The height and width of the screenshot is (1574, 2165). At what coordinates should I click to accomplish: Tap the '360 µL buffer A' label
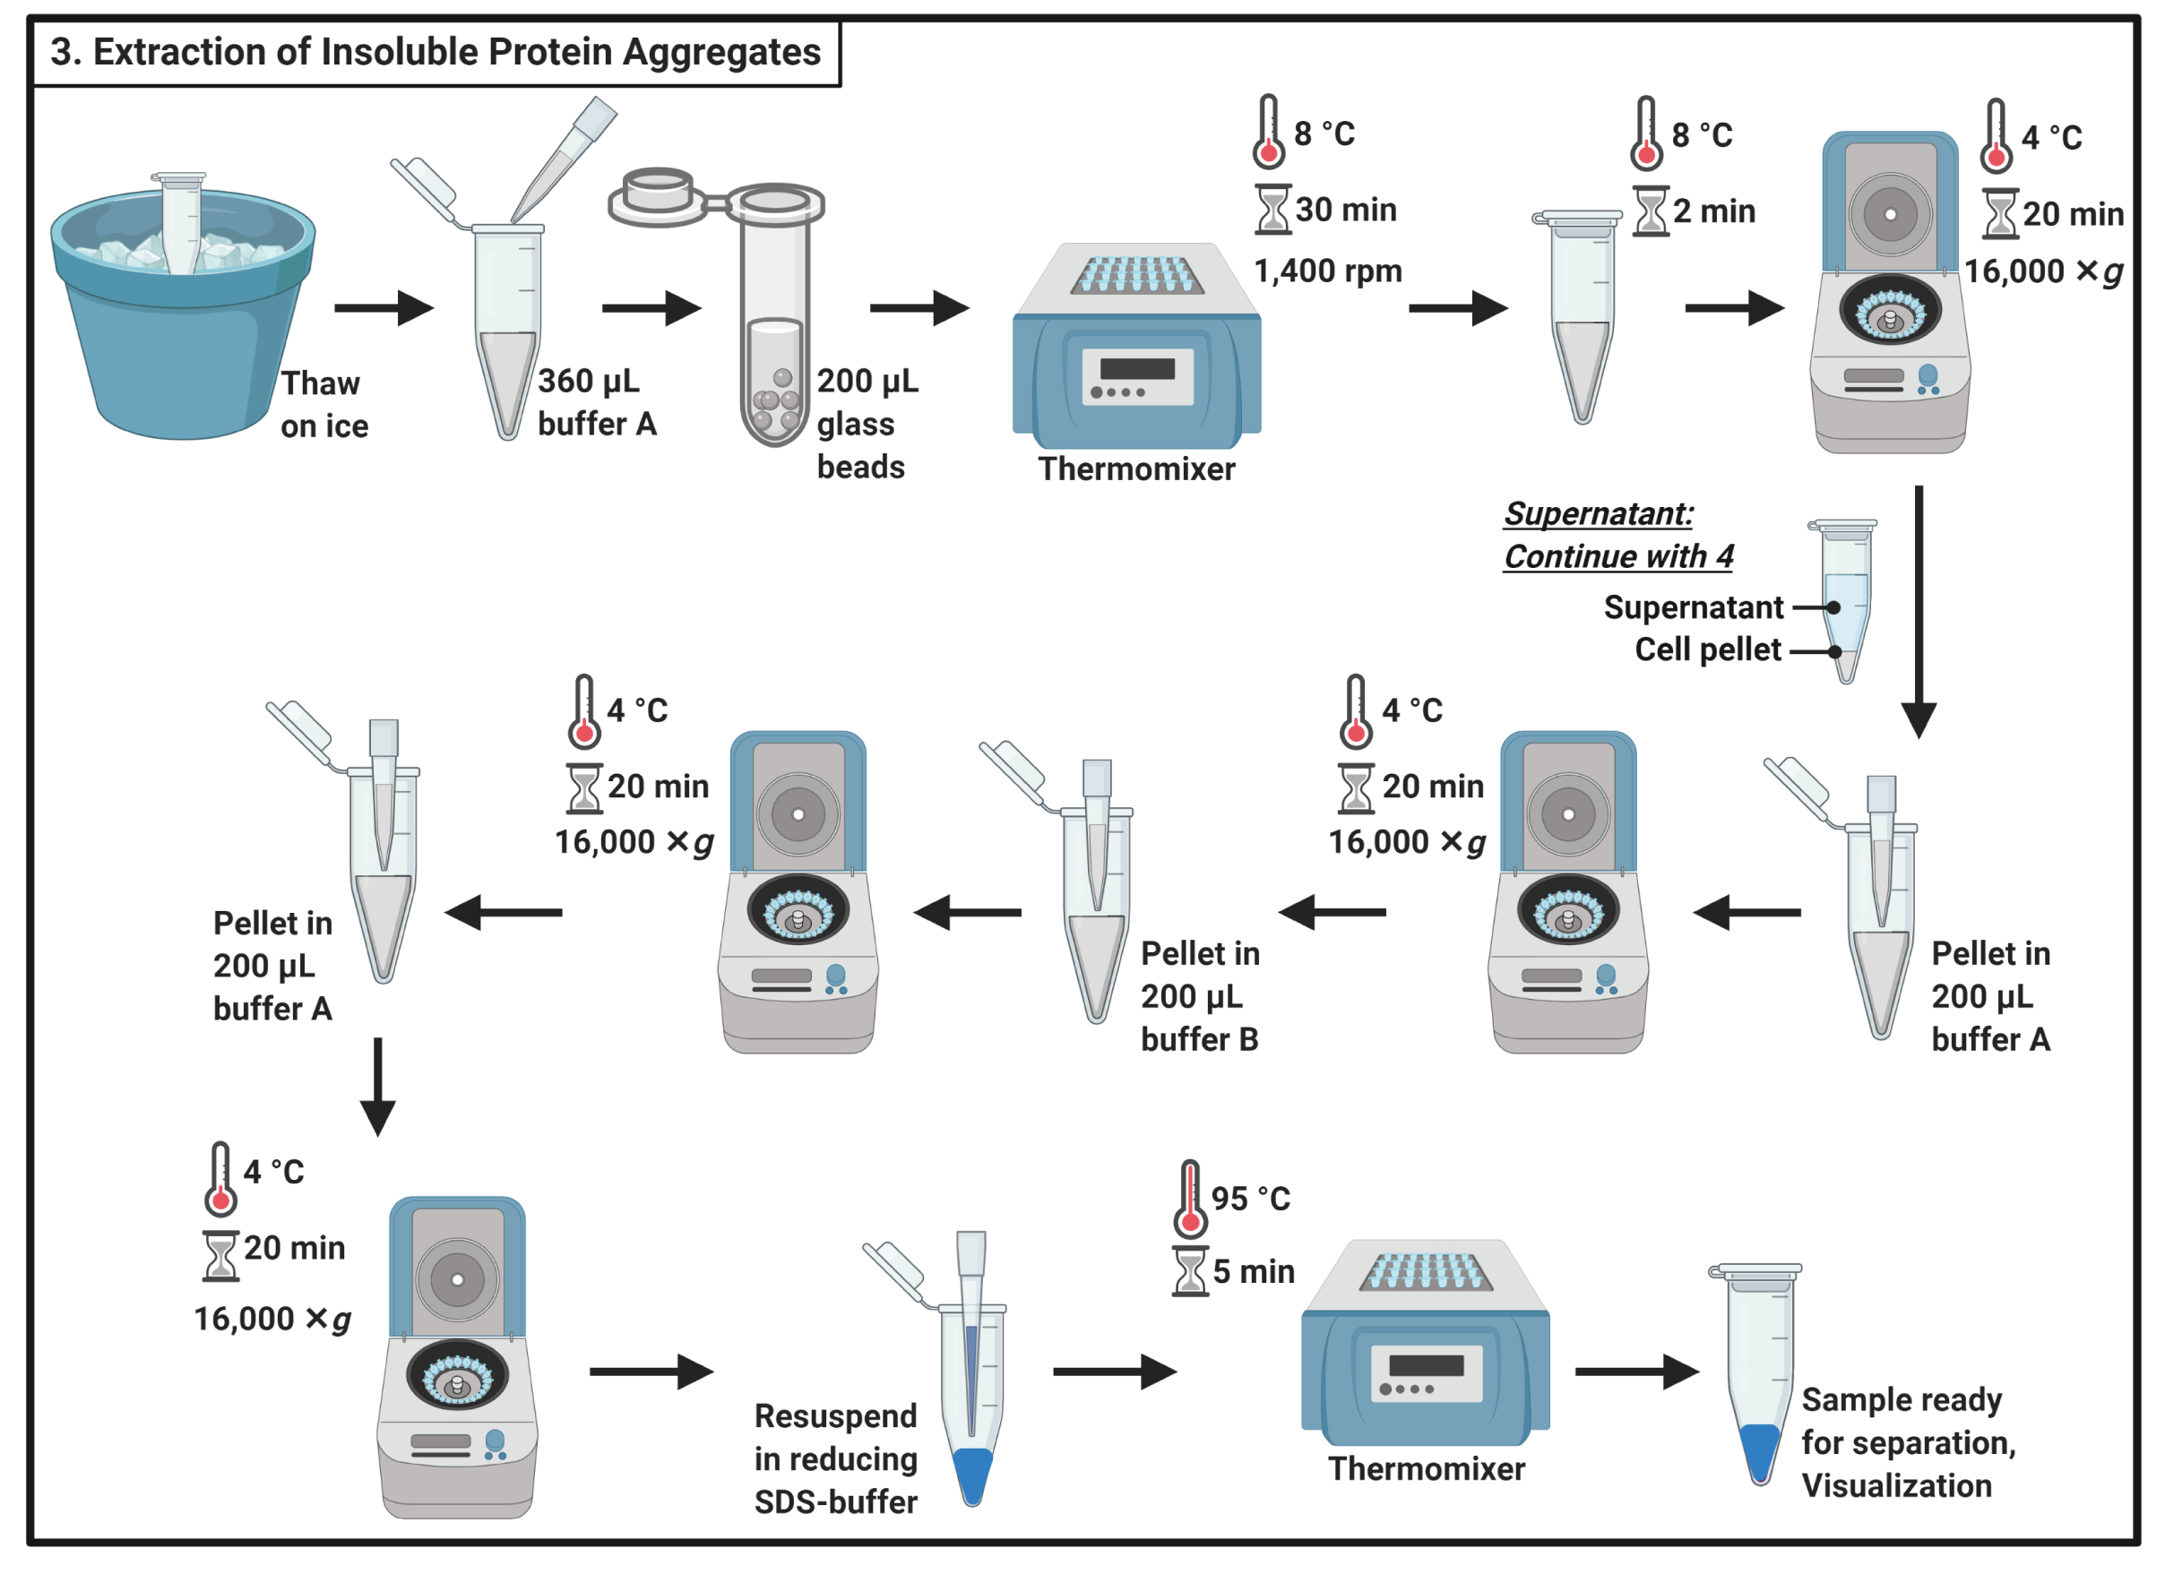tap(597, 402)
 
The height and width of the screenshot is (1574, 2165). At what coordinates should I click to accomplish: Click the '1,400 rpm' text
tap(1328, 271)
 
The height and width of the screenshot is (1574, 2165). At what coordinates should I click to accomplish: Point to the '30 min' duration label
tap(1346, 210)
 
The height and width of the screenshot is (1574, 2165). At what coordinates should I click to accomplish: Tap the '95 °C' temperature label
tap(1250, 1199)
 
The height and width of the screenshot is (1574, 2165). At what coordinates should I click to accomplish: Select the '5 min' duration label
tap(1254, 1271)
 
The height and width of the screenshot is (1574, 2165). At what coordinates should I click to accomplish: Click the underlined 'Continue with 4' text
tap(1618, 556)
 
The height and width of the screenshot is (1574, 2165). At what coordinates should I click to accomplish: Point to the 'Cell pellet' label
tap(1708, 650)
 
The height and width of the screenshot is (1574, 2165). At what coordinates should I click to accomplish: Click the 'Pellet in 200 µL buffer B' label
tap(1200, 995)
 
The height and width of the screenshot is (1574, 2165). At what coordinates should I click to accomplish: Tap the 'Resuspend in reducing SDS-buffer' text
tap(835, 1458)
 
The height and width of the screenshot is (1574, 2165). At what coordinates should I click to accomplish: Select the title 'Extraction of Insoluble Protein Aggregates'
tap(436, 53)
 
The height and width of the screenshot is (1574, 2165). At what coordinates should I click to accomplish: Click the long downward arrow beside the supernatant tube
tap(1919, 611)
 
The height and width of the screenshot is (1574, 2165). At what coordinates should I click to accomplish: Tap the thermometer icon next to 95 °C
tap(1189, 1199)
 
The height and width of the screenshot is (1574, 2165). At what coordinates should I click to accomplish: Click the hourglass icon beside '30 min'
tap(1272, 210)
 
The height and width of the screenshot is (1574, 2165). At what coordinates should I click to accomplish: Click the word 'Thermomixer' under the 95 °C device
tap(1426, 1469)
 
